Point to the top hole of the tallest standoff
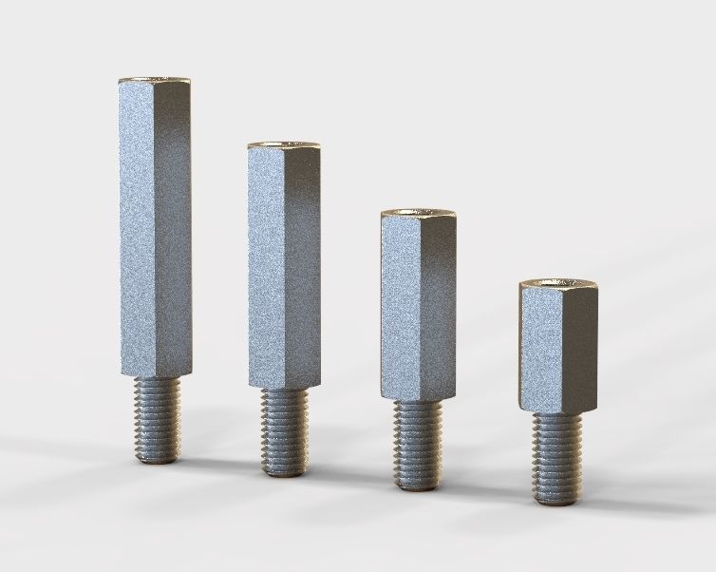click(156, 78)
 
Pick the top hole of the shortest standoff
click(557, 283)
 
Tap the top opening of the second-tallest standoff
click(284, 145)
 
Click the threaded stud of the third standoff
click(417, 443)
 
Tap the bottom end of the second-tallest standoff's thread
click(284, 470)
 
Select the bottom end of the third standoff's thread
click(417, 486)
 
